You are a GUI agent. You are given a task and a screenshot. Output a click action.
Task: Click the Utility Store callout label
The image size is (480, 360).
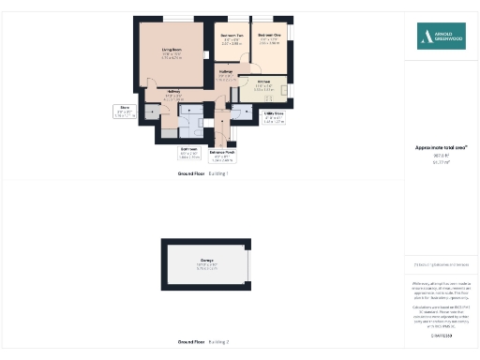[274, 115]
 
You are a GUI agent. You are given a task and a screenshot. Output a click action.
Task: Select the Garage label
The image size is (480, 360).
[206, 260]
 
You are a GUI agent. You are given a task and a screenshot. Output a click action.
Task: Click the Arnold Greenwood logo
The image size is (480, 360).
[442, 37]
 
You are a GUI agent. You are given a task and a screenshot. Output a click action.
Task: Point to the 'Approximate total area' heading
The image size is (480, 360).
[441, 147]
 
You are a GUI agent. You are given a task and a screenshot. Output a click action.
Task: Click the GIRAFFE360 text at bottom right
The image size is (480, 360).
[441, 335]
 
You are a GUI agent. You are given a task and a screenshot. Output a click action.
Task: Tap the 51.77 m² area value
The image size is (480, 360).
[441, 163]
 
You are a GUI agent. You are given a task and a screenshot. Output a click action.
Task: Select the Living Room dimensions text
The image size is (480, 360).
[170, 56]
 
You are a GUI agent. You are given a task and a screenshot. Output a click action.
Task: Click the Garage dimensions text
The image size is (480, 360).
[206, 267]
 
